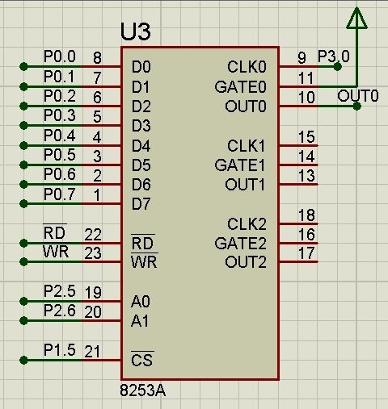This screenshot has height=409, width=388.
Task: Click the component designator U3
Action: pyautogui.click(x=135, y=31)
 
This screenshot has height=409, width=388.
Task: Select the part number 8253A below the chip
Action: pyautogui.click(x=142, y=390)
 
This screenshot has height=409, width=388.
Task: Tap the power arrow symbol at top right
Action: pyautogui.click(x=356, y=18)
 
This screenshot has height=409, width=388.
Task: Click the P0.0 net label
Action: pyautogui.click(x=60, y=56)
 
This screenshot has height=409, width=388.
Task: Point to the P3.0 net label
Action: pyautogui.click(x=334, y=56)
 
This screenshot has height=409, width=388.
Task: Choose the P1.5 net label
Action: pyautogui.click(x=60, y=350)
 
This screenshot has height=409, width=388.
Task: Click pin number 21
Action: pyautogui.click(x=92, y=352)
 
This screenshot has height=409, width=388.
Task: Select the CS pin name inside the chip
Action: pyautogui.click(x=142, y=360)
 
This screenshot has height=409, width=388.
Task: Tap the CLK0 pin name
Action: pyautogui.click(x=247, y=67)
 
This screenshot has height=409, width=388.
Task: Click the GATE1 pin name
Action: pyautogui.click(x=240, y=165)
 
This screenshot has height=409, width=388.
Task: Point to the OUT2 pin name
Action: pyautogui.click(x=246, y=262)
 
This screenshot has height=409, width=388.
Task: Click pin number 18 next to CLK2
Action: pyautogui.click(x=306, y=215)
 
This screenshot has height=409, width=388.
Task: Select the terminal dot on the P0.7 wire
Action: pyautogui.click(x=23, y=204)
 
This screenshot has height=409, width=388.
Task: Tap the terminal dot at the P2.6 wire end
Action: pyautogui.click(x=23, y=320)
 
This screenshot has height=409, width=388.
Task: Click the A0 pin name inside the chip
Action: pyautogui.click(x=140, y=302)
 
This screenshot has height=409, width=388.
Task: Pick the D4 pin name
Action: pyautogui.click(x=141, y=146)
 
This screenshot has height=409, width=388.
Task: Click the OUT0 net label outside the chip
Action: pyautogui.click(x=358, y=96)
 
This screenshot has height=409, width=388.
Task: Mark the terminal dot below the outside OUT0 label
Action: pyautogui.click(x=356, y=106)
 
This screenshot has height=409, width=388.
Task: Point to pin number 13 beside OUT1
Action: pyautogui.click(x=306, y=176)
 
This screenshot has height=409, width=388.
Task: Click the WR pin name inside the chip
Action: pyautogui.click(x=144, y=261)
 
